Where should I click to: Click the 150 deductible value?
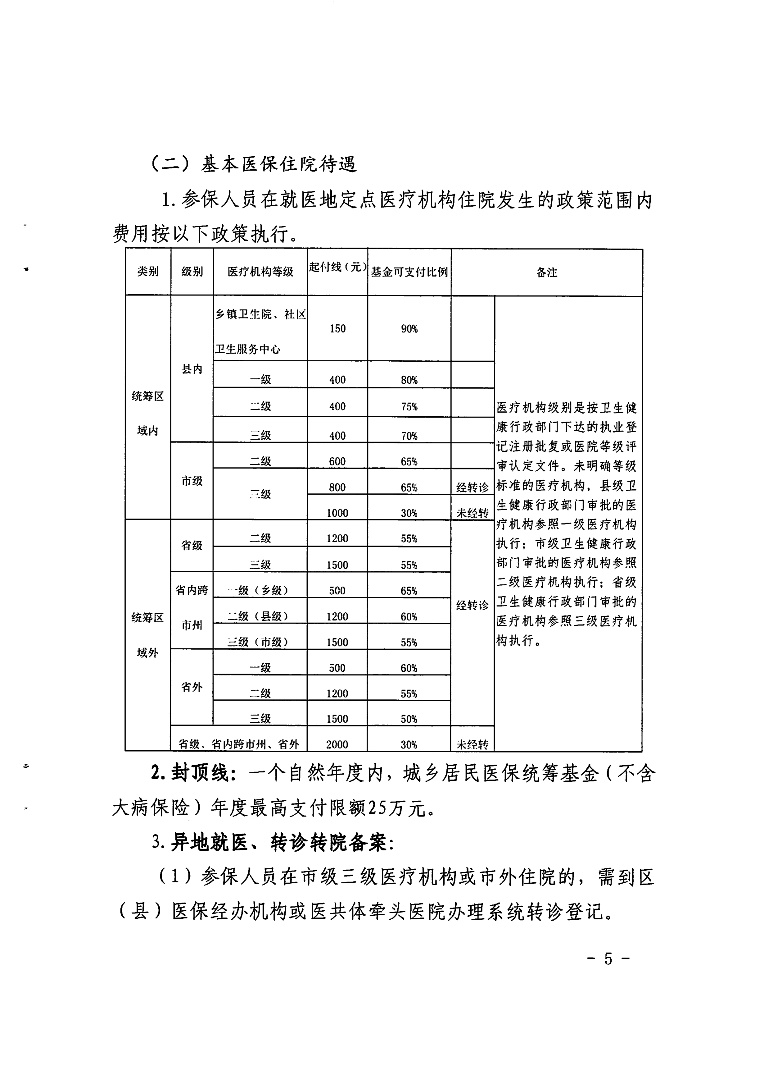tap(337, 329)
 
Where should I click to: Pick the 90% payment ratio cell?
tap(409, 329)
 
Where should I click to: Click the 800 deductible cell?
tap(337, 487)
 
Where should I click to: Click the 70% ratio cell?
tap(409, 436)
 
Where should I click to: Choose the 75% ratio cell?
tap(409, 407)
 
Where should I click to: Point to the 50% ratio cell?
tap(409, 719)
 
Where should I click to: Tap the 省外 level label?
tap(192, 687)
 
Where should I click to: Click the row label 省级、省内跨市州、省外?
tap(239, 744)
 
